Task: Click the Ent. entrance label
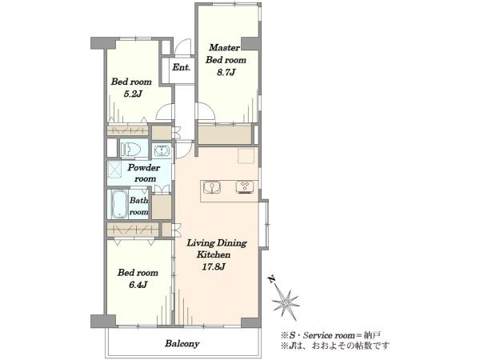coord(182,67)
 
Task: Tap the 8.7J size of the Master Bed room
coord(226,73)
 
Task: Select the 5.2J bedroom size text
coord(133,94)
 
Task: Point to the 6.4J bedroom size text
coord(138,285)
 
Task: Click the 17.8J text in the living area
coord(214,266)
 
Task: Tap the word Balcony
coord(182,343)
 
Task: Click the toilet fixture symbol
coord(130,150)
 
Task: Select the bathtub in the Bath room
coord(119,203)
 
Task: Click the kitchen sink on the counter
coord(212,187)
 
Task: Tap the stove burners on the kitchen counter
coord(245,187)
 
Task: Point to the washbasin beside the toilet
coord(162,150)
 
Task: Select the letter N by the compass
coord(271,279)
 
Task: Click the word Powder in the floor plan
coord(143,168)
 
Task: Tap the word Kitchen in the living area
coord(214,254)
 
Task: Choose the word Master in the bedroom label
coord(224,47)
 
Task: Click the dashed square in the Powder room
coord(115,170)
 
